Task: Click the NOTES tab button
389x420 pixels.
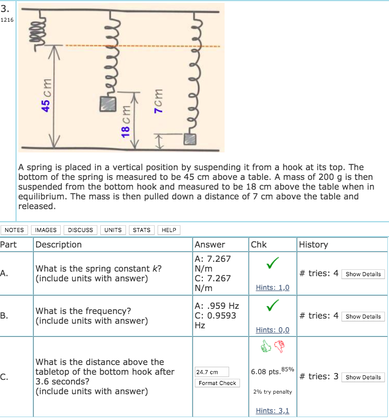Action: coord(14,230)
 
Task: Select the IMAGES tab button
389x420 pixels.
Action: coord(46,230)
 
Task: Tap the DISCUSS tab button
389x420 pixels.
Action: coord(81,230)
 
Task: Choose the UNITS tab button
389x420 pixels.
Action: coord(113,230)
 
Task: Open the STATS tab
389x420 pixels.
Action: coord(142,230)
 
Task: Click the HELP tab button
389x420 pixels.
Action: coord(169,230)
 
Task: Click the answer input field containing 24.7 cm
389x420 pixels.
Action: coord(212,372)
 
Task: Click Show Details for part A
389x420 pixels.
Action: coord(363,274)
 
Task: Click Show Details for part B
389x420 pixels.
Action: coord(363,316)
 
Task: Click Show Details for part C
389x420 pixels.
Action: coord(363,377)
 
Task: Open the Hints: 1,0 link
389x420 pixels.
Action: coord(272,288)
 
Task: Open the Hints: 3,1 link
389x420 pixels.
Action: coord(272,410)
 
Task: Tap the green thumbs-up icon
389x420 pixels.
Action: coord(266,346)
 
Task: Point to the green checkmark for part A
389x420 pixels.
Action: coord(273,264)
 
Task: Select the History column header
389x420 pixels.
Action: coord(313,245)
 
